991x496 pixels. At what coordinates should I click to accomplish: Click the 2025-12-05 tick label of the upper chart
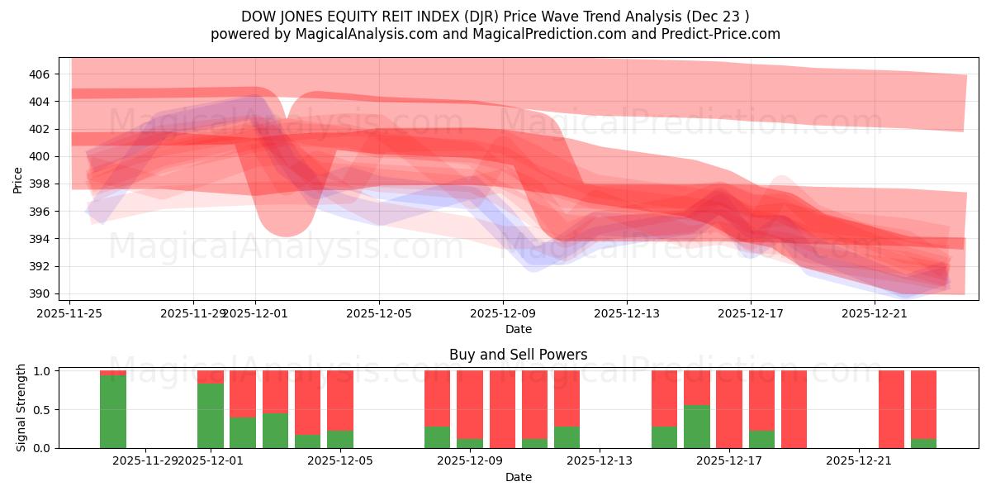pyautogui.click(x=379, y=313)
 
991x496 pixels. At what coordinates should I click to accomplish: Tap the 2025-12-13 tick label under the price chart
pyautogui.click(x=627, y=313)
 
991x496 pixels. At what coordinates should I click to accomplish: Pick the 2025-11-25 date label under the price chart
pyautogui.click(x=70, y=313)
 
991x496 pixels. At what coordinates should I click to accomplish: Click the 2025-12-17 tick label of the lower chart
pyautogui.click(x=730, y=460)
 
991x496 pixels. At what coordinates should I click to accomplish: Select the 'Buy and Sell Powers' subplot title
pyautogui.click(x=518, y=355)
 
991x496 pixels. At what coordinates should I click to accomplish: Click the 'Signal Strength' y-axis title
pyautogui.click(x=21, y=408)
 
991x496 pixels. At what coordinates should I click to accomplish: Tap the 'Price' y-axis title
pyautogui.click(x=18, y=179)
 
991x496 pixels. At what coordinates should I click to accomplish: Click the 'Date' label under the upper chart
pyautogui.click(x=518, y=329)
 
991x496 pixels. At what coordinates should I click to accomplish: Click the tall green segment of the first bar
pyautogui.click(x=113, y=412)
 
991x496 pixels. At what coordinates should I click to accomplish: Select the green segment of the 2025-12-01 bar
pyautogui.click(x=211, y=416)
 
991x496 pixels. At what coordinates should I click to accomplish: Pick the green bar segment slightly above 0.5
pyautogui.click(x=697, y=427)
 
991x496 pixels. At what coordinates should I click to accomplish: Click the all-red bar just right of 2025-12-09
pyautogui.click(x=502, y=409)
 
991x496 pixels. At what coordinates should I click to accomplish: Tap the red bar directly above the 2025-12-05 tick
pyautogui.click(x=340, y=399)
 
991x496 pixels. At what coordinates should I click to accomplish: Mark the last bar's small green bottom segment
pyautogui.click(x=923, y=443)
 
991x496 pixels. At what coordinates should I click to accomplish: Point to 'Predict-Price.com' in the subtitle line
pyautogui.click(x=727, y=34)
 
